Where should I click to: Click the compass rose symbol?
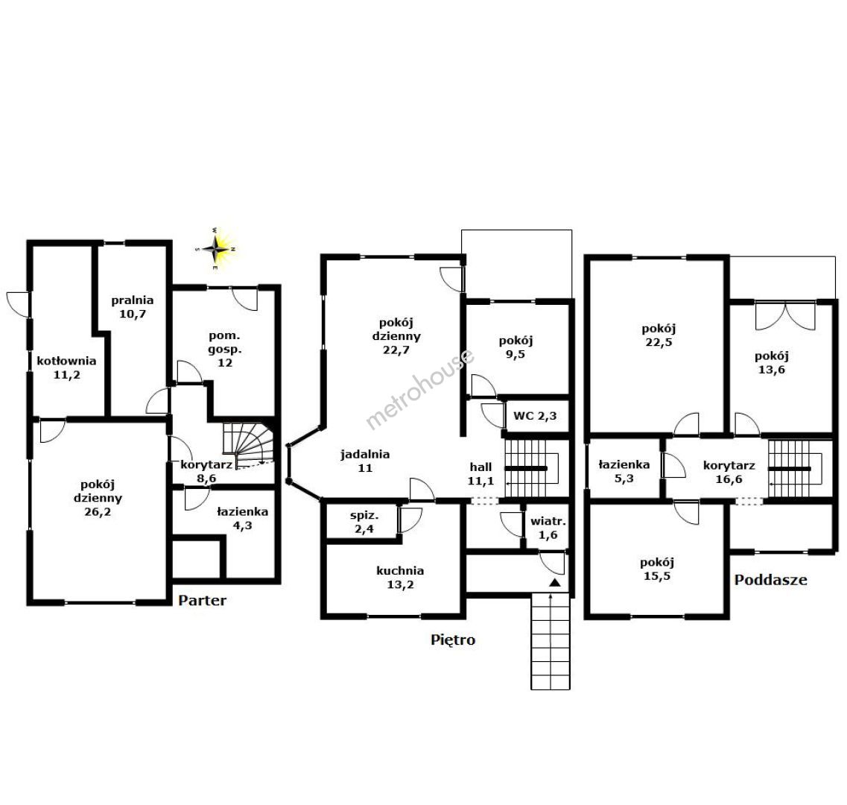(x=216, y=249)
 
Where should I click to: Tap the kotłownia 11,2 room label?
(x=66, y=367)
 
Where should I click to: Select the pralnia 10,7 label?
(x=133, y=307)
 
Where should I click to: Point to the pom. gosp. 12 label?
(x=225, y=350)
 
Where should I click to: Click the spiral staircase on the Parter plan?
(x=249, y=444)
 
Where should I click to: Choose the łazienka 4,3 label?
(x=242, y=519)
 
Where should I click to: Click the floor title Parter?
(x=202, y=600)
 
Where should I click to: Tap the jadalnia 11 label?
(x=365, y=461)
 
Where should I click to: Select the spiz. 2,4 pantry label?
(x=364, y=523)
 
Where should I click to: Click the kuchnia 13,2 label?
(x=400, y=578)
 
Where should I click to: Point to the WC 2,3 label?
(x=535, y=416)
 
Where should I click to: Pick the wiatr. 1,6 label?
(x=548, y=528)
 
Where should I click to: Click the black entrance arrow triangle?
(x=555, y=582)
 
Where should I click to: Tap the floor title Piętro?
(x=453, y=640)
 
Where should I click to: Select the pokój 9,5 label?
(x=516, y=347)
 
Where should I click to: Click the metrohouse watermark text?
(x=420, y=388)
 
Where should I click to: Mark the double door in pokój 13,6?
(x=785, y=316)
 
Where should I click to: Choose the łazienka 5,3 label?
(x=624, y=471)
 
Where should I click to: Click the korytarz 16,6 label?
(x=729, y=472)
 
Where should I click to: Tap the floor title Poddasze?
(x=771, y=580)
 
